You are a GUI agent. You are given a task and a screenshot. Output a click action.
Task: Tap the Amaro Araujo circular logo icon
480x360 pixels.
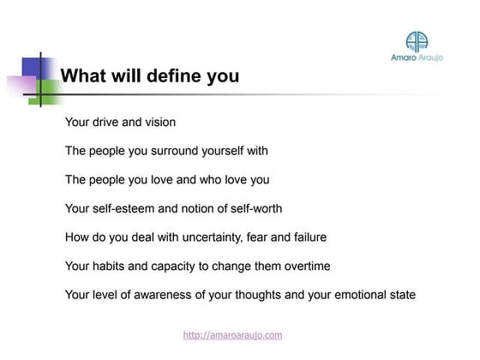point(417,42)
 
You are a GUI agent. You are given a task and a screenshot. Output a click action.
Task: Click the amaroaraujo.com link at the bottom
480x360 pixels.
point(232,335)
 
